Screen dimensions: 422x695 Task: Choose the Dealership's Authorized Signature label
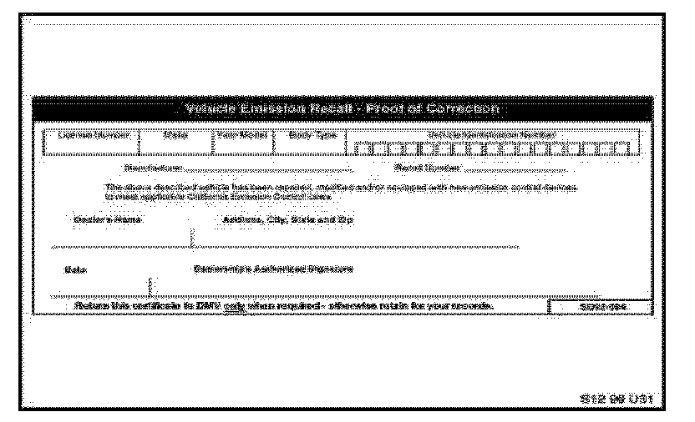(x=273, y=270)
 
